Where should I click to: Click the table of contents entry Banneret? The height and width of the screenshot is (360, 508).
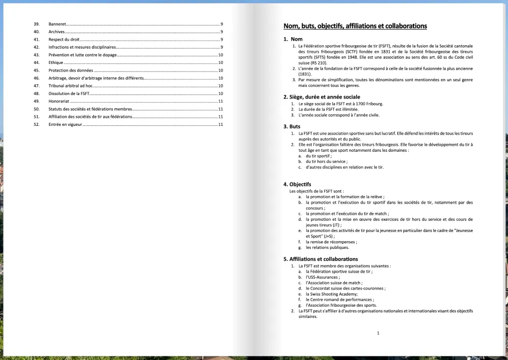[57, 24]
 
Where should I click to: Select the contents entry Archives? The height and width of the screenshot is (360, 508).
[56, 32]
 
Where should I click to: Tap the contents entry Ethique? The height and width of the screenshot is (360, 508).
[56, 62]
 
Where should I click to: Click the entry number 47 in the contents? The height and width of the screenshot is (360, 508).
[37, 86]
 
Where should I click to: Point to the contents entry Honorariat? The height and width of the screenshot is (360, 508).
[59, 101]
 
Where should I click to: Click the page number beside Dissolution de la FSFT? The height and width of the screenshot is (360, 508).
[220, 93]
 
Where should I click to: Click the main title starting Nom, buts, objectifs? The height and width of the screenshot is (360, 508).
[355, 26]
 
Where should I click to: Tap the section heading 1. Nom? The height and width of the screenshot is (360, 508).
[293, 39]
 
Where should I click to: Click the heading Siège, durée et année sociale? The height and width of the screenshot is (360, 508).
[322, 97]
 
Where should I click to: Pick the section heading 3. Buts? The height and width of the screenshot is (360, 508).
[292, 126]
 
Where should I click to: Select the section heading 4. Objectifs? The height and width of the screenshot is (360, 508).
[297, 184]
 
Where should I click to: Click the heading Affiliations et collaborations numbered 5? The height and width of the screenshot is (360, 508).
[321, 259]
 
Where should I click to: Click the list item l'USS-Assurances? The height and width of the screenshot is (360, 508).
[323, 277]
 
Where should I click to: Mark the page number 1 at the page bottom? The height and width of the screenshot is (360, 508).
[378, 333]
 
